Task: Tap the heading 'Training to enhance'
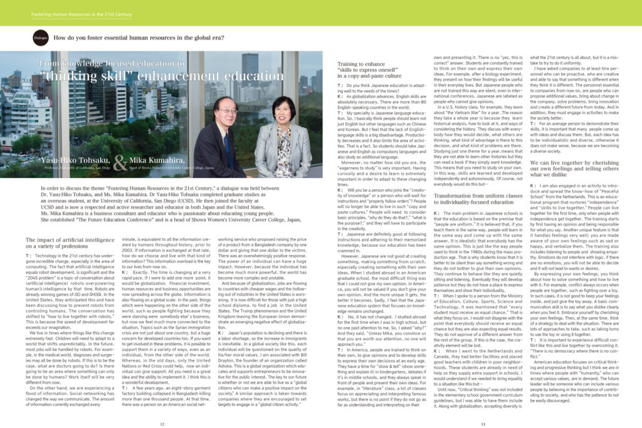click(x=362, y=64)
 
